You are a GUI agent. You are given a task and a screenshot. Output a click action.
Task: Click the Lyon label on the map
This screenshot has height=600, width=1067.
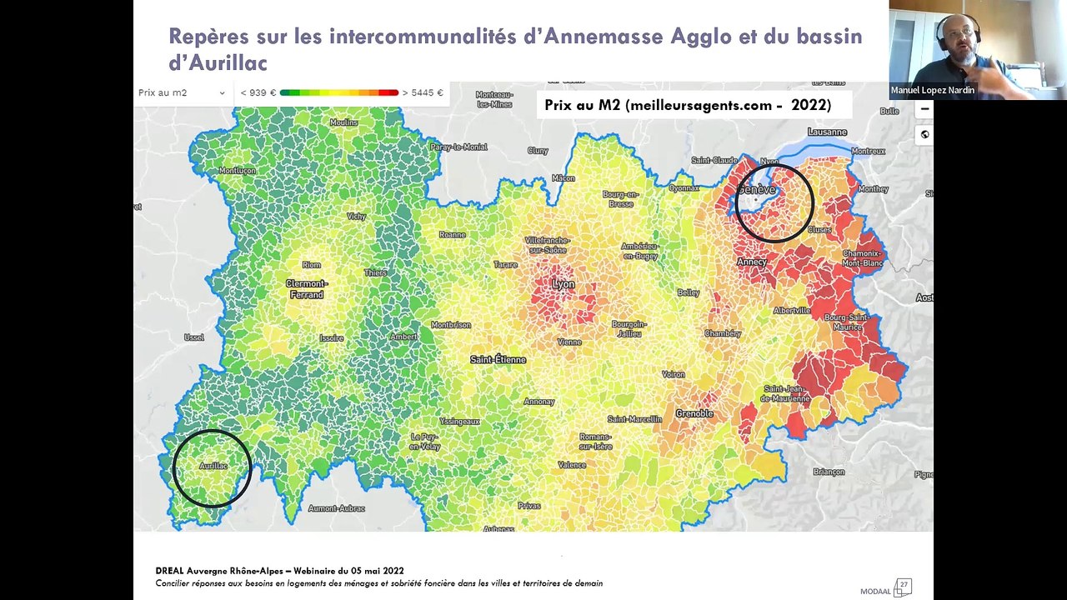point(564,284)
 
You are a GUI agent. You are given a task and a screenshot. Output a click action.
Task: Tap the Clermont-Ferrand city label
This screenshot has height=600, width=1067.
point(306,288)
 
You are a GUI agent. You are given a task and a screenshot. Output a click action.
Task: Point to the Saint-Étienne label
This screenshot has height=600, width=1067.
point(498,359)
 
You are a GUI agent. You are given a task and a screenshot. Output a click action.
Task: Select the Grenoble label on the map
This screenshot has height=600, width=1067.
point(694,413)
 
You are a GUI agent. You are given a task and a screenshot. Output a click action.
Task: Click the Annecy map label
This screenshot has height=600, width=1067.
point(751,262)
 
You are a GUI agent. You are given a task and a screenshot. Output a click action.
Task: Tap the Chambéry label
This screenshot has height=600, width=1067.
point(722,333)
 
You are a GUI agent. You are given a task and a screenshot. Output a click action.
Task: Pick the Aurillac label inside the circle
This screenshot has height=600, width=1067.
point(213,466)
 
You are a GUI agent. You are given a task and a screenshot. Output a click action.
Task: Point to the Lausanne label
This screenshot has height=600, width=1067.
point(827,132)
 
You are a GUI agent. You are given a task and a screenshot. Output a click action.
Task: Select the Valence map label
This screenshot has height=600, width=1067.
point(571,465)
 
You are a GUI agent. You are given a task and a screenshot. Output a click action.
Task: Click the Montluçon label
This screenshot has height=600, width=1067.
point(237,170)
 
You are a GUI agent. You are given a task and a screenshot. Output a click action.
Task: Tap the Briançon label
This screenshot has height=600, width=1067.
point(829,472)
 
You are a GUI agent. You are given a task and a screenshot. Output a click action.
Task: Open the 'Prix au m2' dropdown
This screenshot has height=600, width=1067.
point(182,92)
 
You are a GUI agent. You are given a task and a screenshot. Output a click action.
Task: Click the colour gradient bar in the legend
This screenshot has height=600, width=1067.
point(338,92)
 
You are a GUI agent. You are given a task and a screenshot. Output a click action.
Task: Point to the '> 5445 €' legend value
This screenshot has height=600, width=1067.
point(423,92)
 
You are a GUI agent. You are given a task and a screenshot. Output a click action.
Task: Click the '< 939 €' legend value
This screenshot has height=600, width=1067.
point(258,92)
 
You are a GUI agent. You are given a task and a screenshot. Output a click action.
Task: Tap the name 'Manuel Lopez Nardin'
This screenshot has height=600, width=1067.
point(932,90)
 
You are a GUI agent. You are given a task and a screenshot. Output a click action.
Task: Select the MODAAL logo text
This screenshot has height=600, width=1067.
point(875,591)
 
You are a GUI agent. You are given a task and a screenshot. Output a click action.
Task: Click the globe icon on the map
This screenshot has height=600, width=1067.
point(924,134)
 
